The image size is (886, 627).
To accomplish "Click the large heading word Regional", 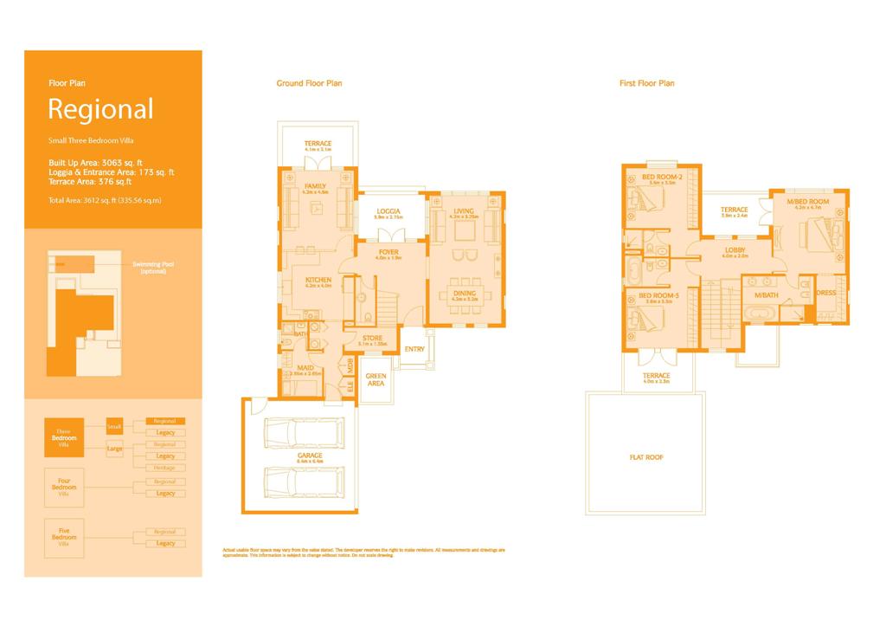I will [100, 110].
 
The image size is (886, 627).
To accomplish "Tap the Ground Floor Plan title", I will [309, 83].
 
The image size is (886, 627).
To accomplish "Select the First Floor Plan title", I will [646, 83].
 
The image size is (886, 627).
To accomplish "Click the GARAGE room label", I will [310, 455].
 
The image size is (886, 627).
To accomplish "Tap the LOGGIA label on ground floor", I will [388, 211].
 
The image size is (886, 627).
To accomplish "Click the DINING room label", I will [465, 294].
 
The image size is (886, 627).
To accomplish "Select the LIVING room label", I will [464, 210].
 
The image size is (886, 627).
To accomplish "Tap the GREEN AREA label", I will [376, 378].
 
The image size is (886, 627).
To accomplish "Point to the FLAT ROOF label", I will [646, 457].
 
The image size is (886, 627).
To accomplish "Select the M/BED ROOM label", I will [807, 202].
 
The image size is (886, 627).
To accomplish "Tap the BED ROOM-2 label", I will [658, 178].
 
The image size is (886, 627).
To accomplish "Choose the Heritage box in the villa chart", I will [164, 468].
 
